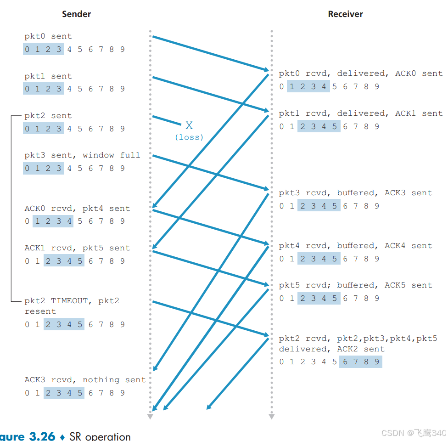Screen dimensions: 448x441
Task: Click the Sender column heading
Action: (77, 14)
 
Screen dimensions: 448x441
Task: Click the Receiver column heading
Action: (345, 14)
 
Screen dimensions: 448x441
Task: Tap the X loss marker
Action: (189, 125)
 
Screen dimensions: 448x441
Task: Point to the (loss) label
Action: (189, 137)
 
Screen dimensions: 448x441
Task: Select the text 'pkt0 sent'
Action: (48, 36)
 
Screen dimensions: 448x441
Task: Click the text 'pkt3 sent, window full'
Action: (82, 155)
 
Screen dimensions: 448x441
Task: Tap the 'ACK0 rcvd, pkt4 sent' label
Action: (77, 209)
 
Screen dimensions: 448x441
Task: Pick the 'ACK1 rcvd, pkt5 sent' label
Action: (77, 248)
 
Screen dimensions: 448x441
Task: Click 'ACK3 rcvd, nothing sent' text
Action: (85, 380)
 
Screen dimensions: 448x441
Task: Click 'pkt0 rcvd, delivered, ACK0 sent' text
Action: (361, 73)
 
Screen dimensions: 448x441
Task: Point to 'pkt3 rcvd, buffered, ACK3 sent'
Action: (355, 193)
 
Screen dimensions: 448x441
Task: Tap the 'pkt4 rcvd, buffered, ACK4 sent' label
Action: (355, 246)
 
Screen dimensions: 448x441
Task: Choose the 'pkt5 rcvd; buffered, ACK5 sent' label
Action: (355, 285)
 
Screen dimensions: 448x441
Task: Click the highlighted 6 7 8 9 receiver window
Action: (361, 362)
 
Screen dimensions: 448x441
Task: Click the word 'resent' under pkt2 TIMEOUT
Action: (40, 311)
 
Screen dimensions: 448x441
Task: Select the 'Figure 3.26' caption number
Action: (28, 436)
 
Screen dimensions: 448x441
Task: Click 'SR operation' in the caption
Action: (100, 436)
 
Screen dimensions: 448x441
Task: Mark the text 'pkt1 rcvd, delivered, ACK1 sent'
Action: (361, 113)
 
